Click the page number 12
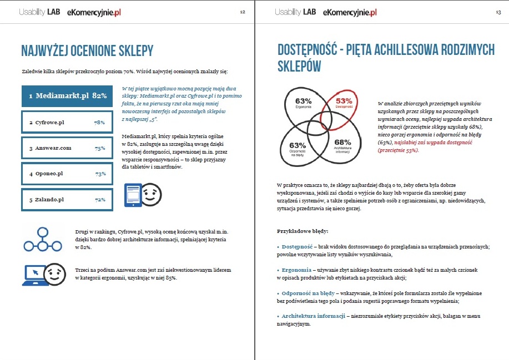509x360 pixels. coord(243,12)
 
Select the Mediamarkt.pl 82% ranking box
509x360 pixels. coord(67,96)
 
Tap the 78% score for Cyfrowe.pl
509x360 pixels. coord(100,123)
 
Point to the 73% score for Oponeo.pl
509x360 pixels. coord(100,174)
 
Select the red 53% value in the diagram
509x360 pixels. coord(344,102)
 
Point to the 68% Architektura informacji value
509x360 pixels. coord(342,143)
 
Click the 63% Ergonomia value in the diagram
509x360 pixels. coord(303,102)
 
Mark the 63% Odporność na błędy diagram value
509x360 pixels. coord(298,146)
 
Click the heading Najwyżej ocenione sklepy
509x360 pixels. coord(87,52)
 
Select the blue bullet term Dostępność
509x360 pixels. coord(298,246)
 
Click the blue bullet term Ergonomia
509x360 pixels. coord(297,270)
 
